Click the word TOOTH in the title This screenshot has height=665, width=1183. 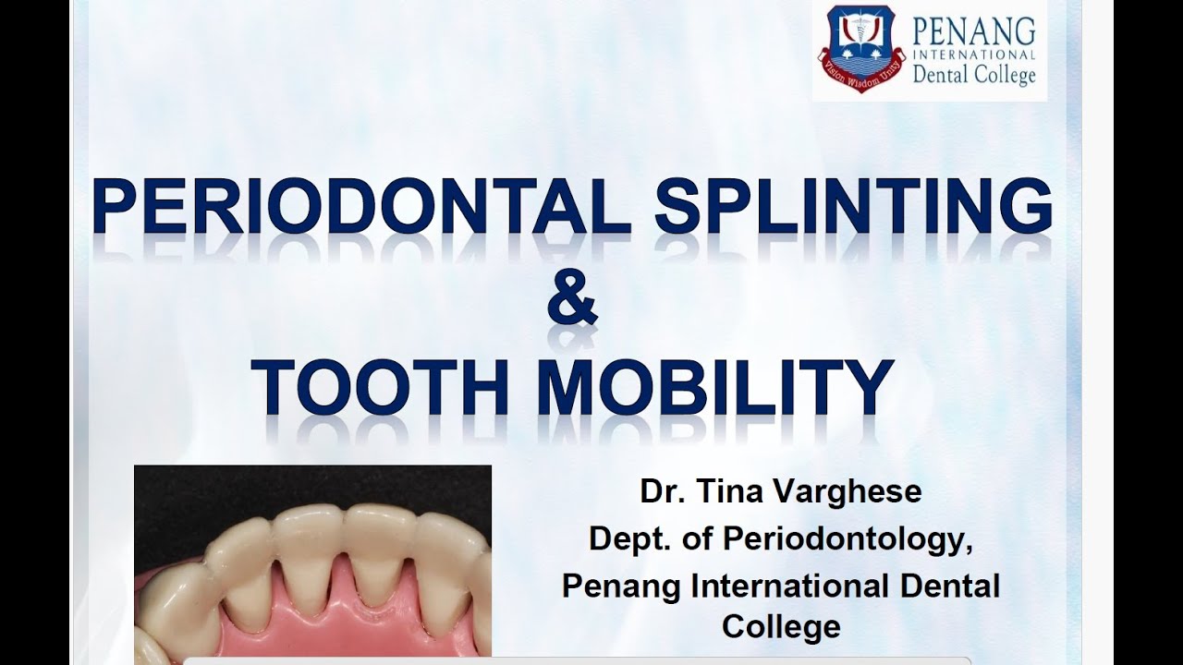coord(380,388)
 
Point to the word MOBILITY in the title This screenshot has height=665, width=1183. coord(715,388)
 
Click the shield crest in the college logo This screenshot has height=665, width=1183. coord(858,47)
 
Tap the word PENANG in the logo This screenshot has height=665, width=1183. coord(974,30)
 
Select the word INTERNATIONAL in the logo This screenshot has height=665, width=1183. coord(974,54)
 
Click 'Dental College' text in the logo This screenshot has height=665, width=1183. coord(974,75)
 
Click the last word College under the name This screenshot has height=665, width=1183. coord(781,627)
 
